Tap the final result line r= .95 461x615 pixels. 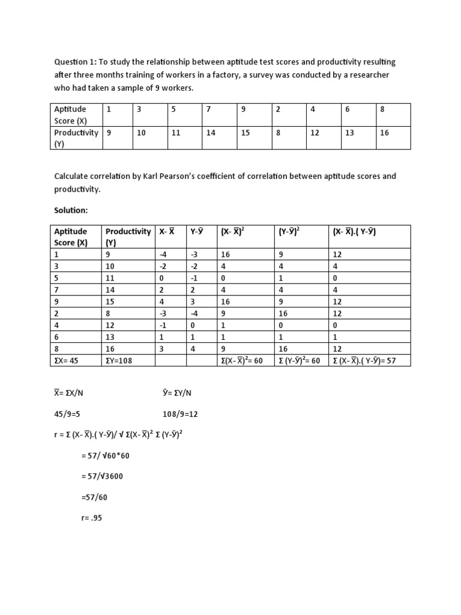tap(92, 518)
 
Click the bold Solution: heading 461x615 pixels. tap(71, 212)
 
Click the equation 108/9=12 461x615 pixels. tap(184, 414)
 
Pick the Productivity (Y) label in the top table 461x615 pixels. tap(76, 138)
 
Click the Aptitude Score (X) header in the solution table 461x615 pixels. tap(71, 237)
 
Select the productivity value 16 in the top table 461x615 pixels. tap(384, 133)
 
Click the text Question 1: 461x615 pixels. tap(76, 62)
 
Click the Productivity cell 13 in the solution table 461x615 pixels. tap(110, 338)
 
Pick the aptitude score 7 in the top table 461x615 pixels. tap(209, 109)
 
